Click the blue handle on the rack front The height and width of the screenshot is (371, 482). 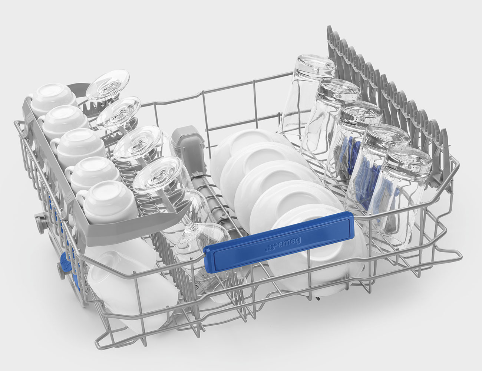(279, 242)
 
